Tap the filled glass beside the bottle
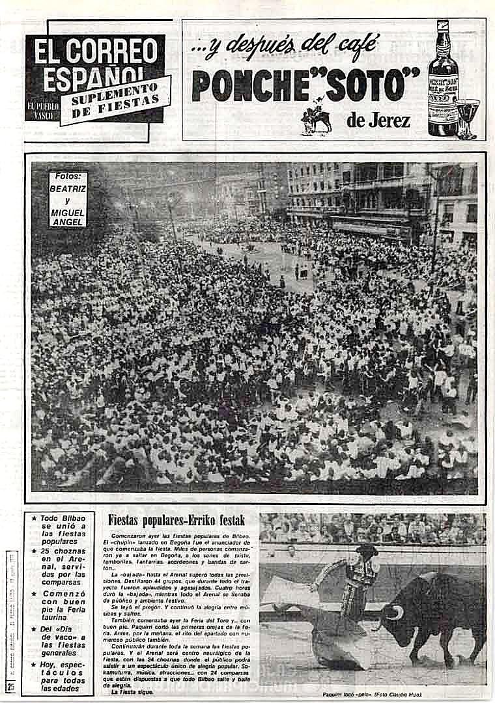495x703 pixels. pos(467,115)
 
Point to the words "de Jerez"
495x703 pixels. pos(377,120)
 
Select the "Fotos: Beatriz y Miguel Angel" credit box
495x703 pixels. pos(68,199)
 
